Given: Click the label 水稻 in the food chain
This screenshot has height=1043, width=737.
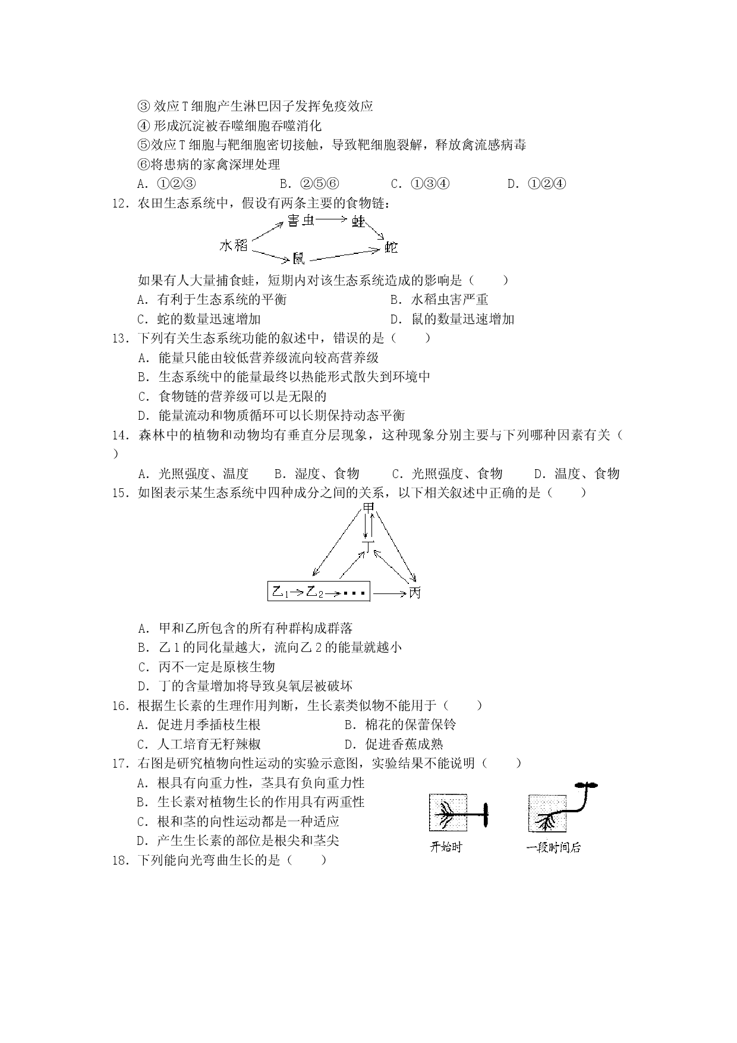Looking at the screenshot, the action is pos(233,245).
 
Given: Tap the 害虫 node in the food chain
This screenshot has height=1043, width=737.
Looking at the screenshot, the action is pos(301,221).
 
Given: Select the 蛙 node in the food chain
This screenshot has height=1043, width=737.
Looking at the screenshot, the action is pos(358,221).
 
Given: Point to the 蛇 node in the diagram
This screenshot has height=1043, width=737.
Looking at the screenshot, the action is pos(390,247).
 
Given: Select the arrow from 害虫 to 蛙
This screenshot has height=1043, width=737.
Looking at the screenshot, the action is pos(332,220).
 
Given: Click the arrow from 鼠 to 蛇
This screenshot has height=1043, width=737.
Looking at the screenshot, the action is pos(344,255).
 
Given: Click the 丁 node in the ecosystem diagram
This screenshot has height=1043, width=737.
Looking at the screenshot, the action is pos(368,546).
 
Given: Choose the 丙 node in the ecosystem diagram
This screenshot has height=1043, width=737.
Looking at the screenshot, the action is pos(414,592).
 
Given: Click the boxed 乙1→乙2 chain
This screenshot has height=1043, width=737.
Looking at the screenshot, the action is pos(319,592).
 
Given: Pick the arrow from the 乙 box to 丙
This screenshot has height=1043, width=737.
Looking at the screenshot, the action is pos(389,593).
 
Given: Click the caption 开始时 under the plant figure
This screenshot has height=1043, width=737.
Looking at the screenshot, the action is pos(445,847).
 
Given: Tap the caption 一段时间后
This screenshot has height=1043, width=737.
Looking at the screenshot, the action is pos(553,847).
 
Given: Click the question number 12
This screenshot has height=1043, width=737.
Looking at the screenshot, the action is pos(121,203).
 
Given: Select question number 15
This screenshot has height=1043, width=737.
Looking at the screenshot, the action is pos(121,493).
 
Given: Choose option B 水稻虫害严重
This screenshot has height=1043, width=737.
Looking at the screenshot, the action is pos(439,300).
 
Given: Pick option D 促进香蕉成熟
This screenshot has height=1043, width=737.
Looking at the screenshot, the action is pos(394,744).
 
